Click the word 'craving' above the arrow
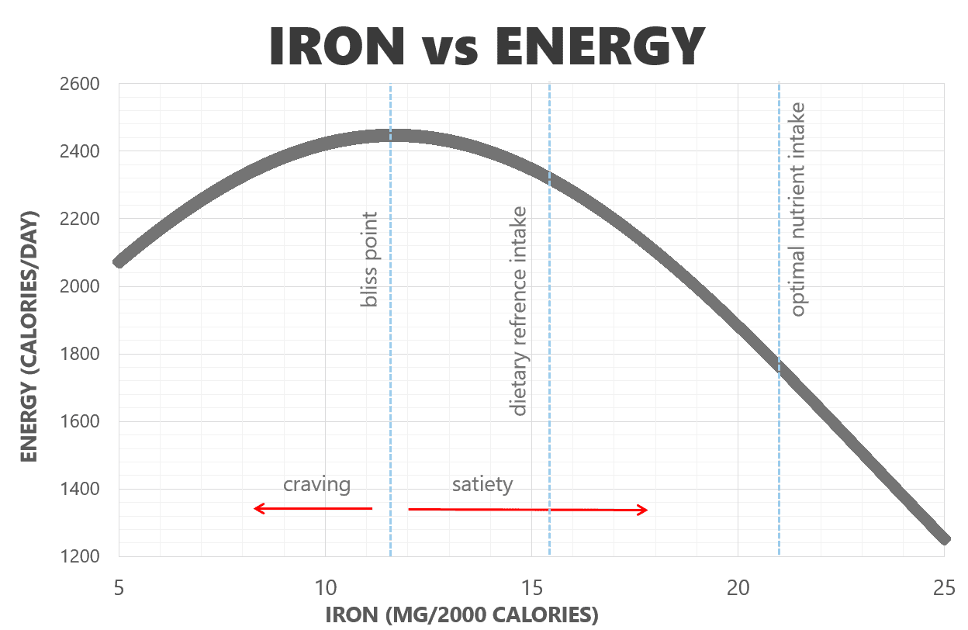pos(316,485)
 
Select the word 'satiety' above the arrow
pos(482,485)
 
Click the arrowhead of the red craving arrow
pos(257,509)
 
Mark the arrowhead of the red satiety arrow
pos(645,510)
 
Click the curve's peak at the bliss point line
pos(391,136)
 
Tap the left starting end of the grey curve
pos(119,262)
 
